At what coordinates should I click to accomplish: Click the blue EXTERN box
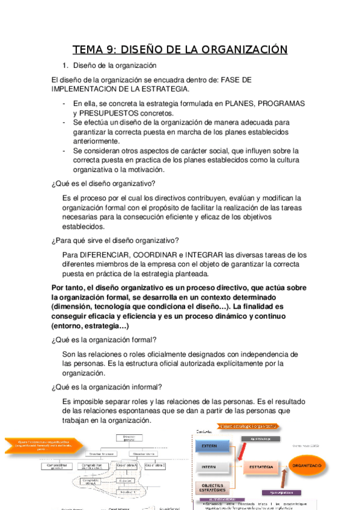(211, 446)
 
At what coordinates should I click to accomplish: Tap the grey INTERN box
(211, 465)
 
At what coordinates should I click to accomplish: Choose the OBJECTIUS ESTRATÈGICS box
(211, 488)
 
